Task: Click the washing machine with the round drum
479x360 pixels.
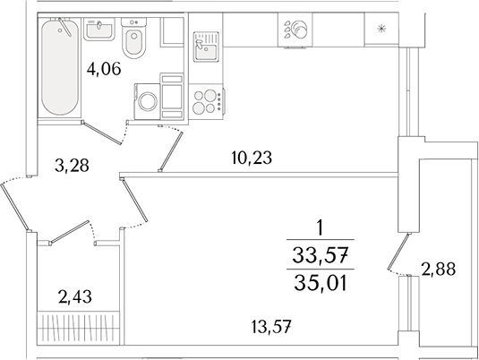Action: click(146, 99)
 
